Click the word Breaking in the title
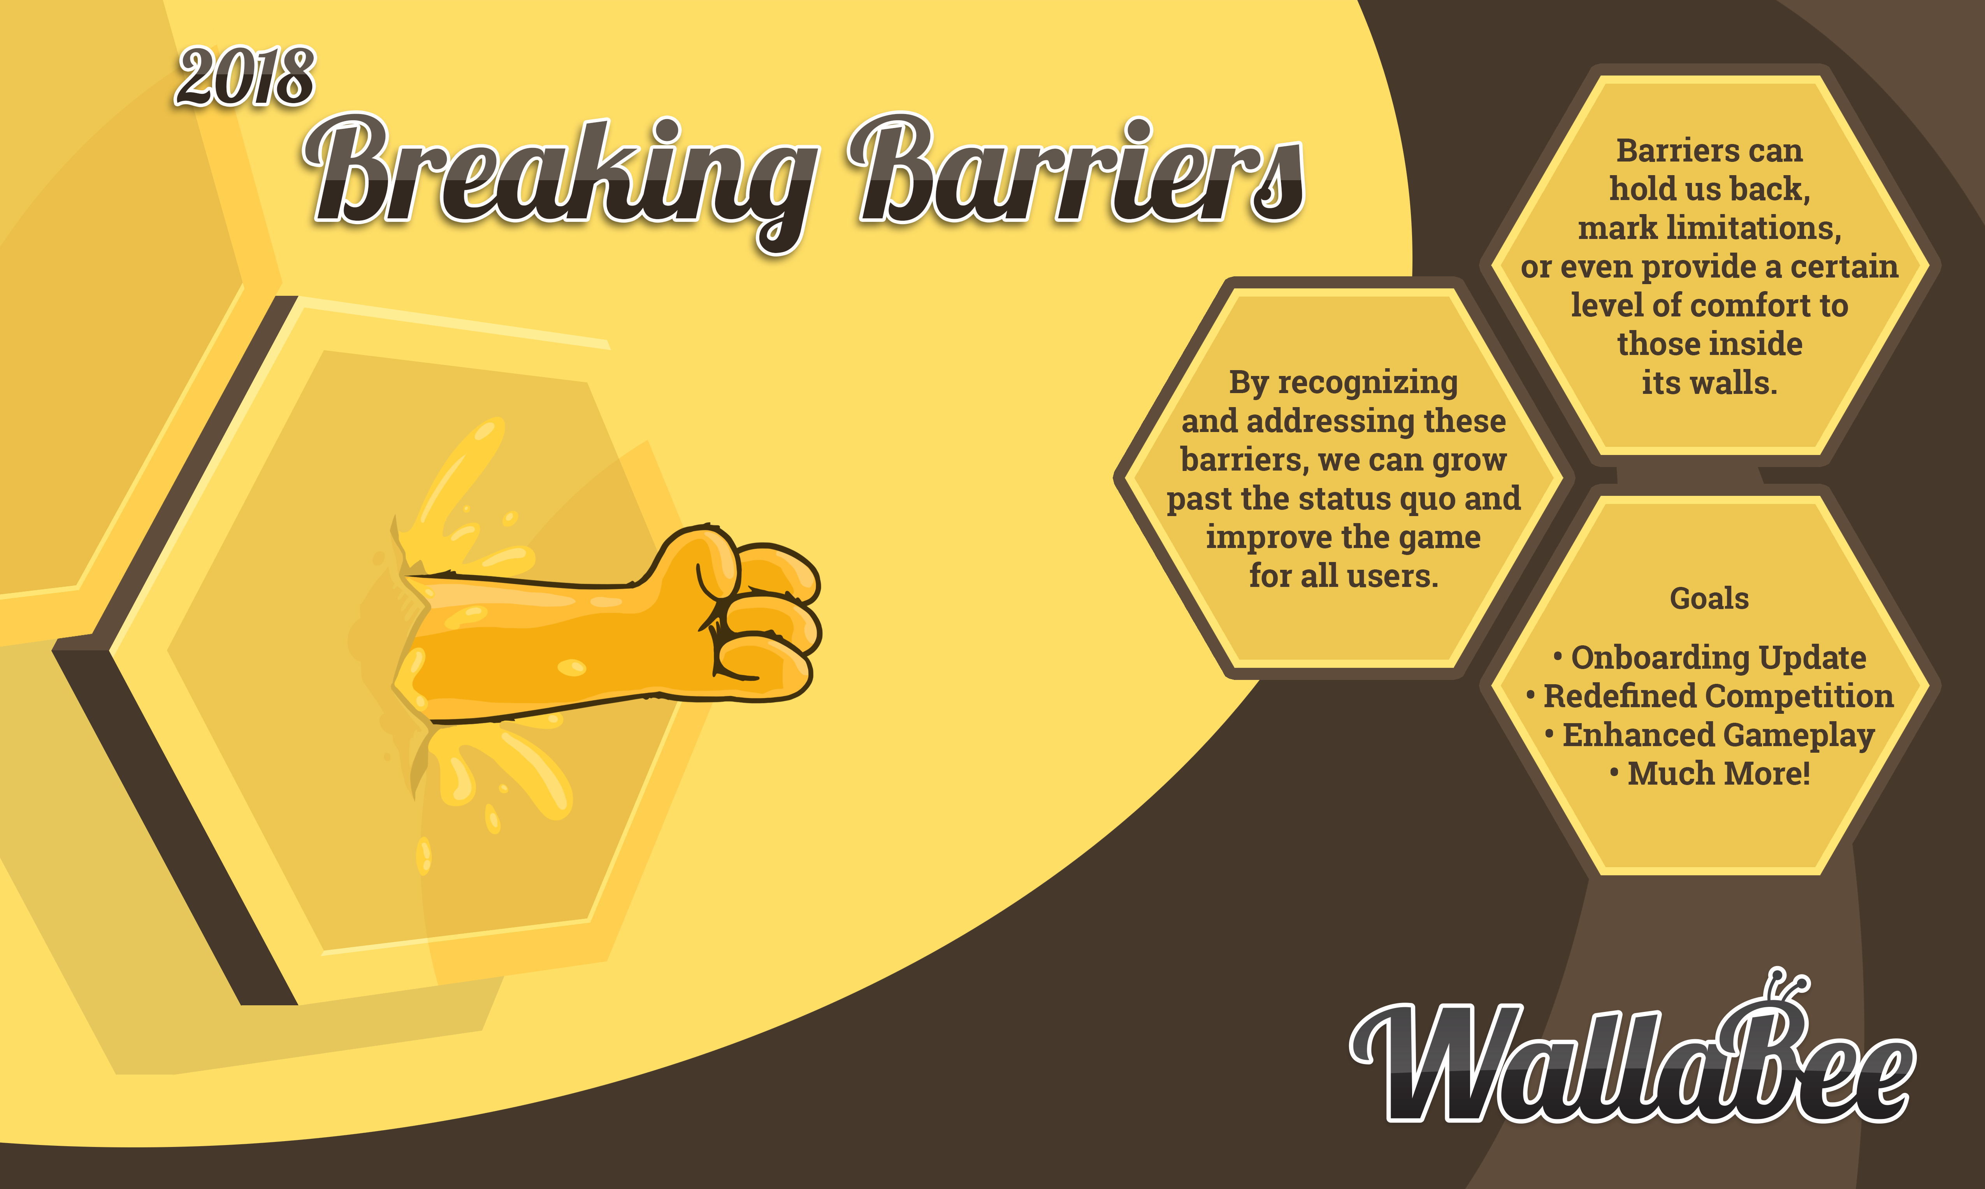pos(561,180)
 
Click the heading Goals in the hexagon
pos(1709,599)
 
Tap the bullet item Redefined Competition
pos(1710,696)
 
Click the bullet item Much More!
pos(1710,774)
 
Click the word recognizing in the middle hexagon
pos(1367,383)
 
